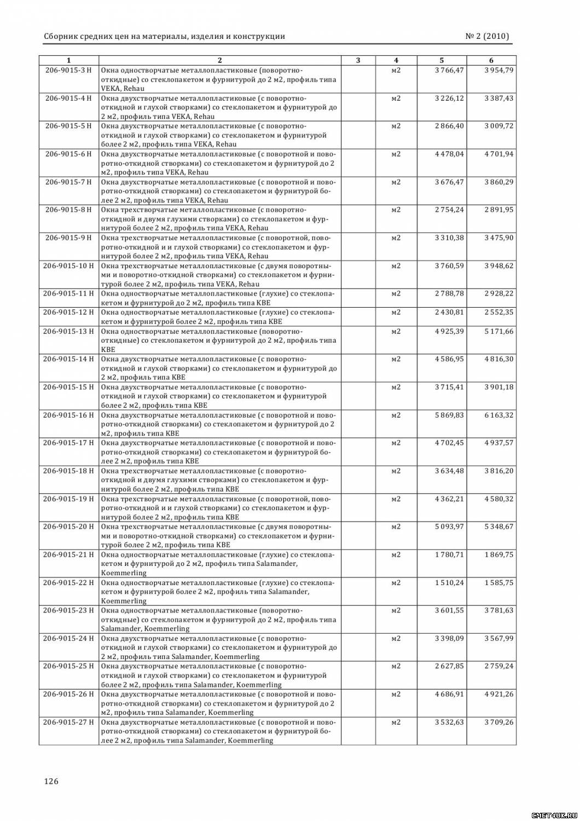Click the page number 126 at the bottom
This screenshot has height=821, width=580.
51,781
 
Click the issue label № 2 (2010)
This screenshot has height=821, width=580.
487,37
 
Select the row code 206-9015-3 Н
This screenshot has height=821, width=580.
68,70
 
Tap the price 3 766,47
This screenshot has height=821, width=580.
449,70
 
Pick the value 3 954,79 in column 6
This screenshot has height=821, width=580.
498,70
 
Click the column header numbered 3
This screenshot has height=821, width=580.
358,60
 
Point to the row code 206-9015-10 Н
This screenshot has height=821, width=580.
68,266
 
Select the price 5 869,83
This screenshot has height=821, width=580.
449,415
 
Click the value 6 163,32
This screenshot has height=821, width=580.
498,415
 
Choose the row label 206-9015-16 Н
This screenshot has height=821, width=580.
68,415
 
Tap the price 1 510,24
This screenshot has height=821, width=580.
449,582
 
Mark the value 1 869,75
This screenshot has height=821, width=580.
498,554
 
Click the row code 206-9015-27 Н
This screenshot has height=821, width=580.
68,722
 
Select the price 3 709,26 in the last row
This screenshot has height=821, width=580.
498,722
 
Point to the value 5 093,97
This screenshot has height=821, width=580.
449,527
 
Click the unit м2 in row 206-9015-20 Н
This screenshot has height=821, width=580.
396,527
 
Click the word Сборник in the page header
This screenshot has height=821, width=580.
61,37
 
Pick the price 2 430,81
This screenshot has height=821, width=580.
449,313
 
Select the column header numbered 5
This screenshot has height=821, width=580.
442,60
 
